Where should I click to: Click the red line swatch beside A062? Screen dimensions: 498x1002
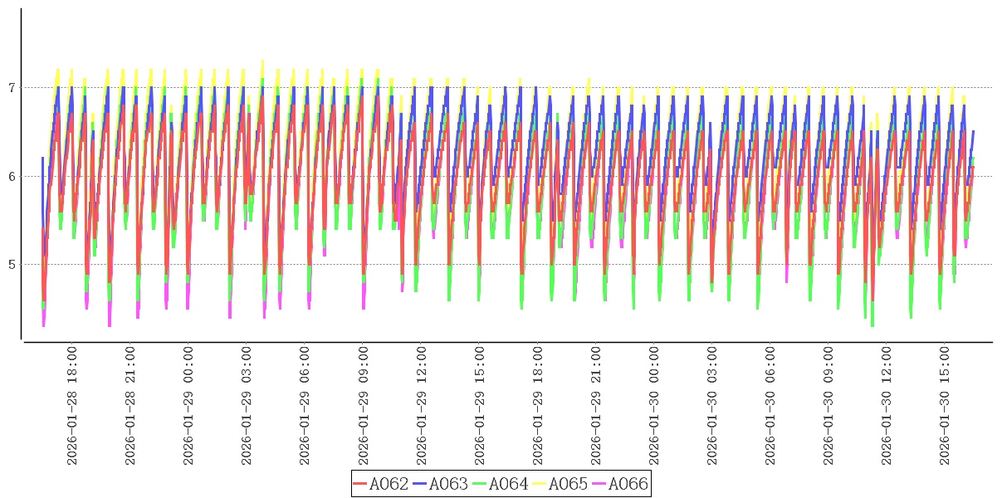click(x=360, y=484)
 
